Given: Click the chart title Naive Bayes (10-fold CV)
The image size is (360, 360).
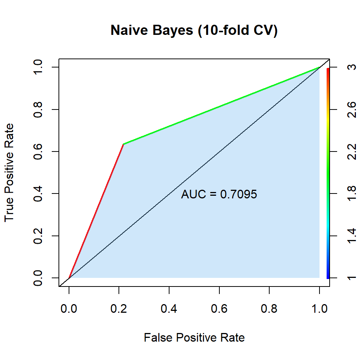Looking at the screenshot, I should pyautogui.click(x=194, y=31).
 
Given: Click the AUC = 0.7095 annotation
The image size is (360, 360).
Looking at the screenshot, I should pyautogui.click(x=219, y=194).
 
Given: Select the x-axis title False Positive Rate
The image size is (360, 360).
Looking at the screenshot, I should pyautogui.click(x=194, y=338).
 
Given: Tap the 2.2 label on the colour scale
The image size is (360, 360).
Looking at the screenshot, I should pyautogui.click(x=351, y=151).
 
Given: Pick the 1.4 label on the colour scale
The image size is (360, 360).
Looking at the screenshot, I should pyautogui.click(x=351, y=236).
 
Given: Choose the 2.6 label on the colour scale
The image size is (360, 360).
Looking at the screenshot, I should pyautogui.click(x=351, y=109).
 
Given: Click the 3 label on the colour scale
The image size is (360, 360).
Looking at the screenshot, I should pyautogui.click(x=351, y=67).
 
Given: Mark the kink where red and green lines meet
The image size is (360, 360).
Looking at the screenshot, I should pyautogui.click(x=123, y=144).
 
